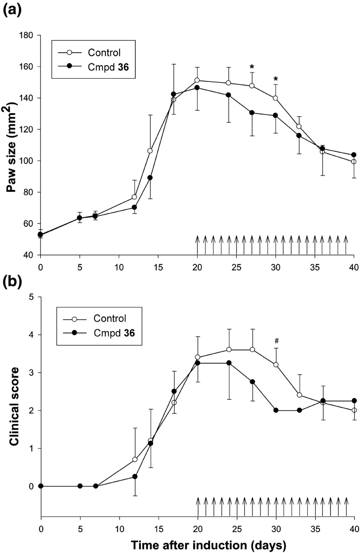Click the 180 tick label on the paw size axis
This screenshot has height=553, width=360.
[x=26, y=35]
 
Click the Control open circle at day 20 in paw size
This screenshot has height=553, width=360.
[x=197, y=80]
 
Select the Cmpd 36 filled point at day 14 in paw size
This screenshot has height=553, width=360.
[x=150, y=177]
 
